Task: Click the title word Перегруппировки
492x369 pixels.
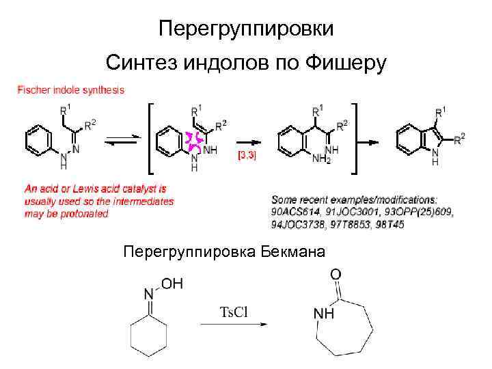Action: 246,29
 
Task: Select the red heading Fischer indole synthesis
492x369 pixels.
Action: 70,90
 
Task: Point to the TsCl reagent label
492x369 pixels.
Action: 233,312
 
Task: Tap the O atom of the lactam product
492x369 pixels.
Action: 336,275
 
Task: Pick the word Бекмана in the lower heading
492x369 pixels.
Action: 294,252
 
